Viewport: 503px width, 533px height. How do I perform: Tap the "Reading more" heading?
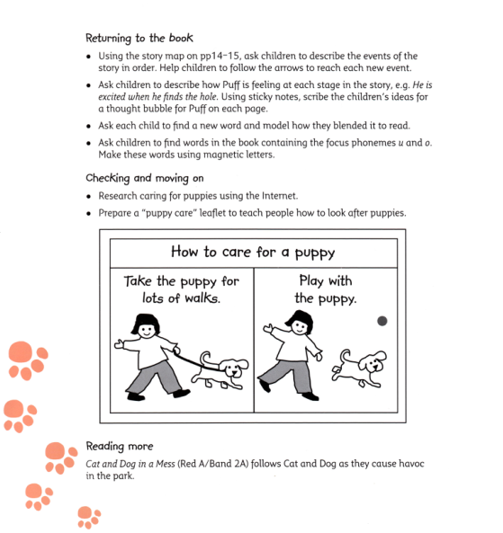(x=119, y=447)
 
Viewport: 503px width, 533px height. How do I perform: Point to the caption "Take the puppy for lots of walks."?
(x=181, y=289)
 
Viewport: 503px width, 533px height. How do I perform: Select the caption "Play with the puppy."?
(x=325, y=289)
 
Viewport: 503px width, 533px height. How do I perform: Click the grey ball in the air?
(x=382, y=321)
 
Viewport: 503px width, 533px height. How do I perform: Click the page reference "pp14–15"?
(x=216, y=57)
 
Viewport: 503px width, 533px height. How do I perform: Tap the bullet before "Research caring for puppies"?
(x=89, y=195)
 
